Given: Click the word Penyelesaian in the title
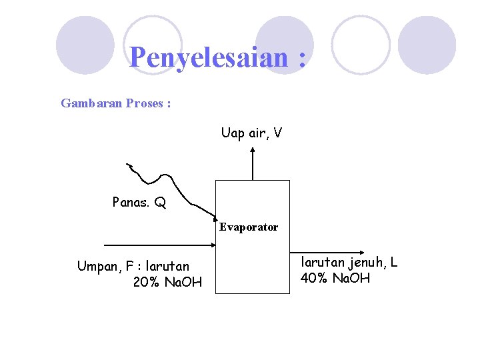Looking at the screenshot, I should (209, 58).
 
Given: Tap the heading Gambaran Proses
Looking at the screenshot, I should (115, 103).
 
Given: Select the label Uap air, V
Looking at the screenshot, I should (251, 133).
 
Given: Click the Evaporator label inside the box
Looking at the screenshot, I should (249, 227).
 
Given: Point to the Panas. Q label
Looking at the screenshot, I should (139, 202).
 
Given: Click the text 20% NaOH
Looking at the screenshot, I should (167, 283).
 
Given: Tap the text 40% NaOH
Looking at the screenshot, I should (335, 278).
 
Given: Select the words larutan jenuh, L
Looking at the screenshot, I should (349, 262).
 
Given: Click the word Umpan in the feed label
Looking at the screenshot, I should (97, 267).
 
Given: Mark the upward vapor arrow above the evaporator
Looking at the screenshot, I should (252, 163).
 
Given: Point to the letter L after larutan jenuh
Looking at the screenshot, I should (393, 262).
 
